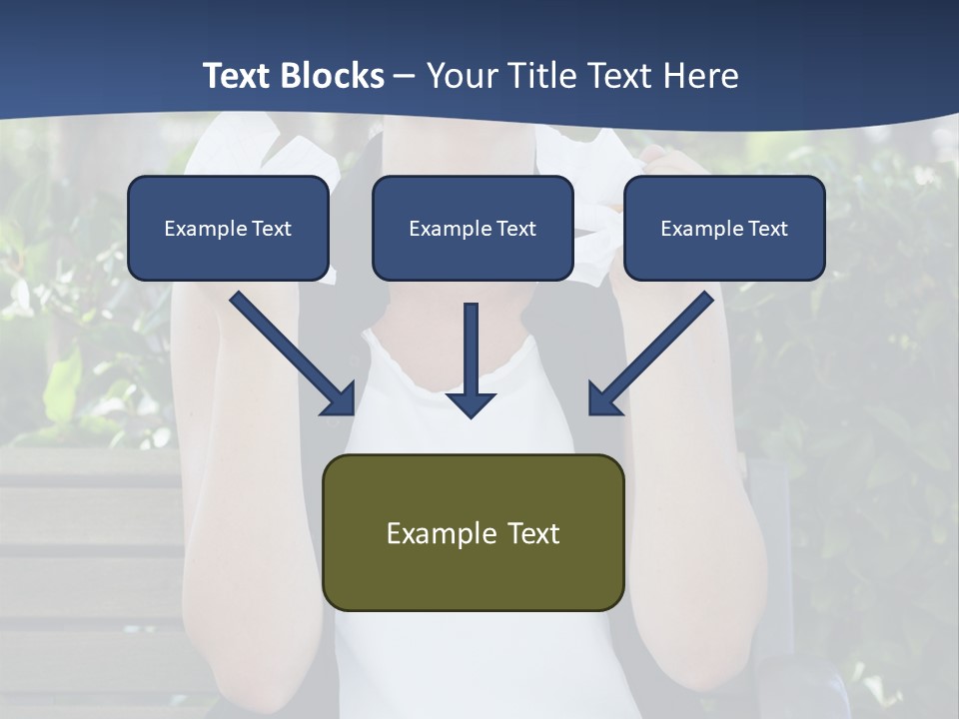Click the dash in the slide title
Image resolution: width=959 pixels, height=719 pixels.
pos(406,77)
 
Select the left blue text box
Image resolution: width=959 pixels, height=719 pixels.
pos(228,228)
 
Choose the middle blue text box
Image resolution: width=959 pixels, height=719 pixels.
pos(473,228)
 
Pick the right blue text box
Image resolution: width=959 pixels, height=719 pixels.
pos(724,228)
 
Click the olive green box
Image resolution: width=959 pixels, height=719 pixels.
pos(473,532)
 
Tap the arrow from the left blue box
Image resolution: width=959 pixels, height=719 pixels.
pos(290,352)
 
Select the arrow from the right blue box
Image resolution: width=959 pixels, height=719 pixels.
pos(654,352)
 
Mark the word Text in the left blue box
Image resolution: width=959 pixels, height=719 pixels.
pos(272,229)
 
